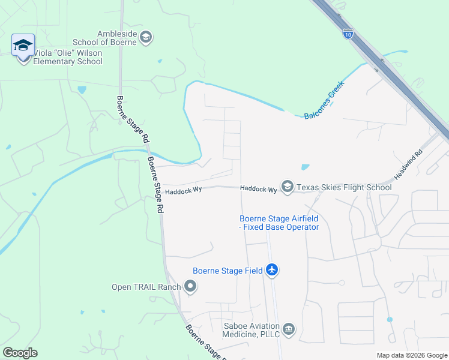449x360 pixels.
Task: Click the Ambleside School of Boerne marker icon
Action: pyautogui.click(x=146, y=38)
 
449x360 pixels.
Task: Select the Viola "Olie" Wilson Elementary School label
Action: pyautogui.click(x=68, y=57)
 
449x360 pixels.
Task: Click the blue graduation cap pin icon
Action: pyautogui.click(x=23, y=46)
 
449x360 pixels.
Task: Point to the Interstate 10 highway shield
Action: pyautogui.click(x=348, y=34)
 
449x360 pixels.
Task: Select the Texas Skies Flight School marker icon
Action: pyautogui.click(x=287, y=188)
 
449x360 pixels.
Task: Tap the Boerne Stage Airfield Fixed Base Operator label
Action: pyautogui.click(x=279, y=223)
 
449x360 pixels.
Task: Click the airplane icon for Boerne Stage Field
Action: pyautogui.click(x=272, y=270)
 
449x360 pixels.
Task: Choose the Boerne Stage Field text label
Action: pyautogui.click(x=228, y=271)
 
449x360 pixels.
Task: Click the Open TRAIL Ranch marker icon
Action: pyautogui.click(x=190, y=287)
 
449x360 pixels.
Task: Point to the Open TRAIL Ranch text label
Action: pyautogui.click(x=146, y=287)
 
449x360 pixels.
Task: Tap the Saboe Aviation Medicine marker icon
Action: pyautogui.click(x=289, y=329)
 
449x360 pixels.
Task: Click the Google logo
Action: pyautogui.click(x=20, y=353)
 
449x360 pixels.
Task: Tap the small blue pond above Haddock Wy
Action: pyautogui.click(x=305, y=167)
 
